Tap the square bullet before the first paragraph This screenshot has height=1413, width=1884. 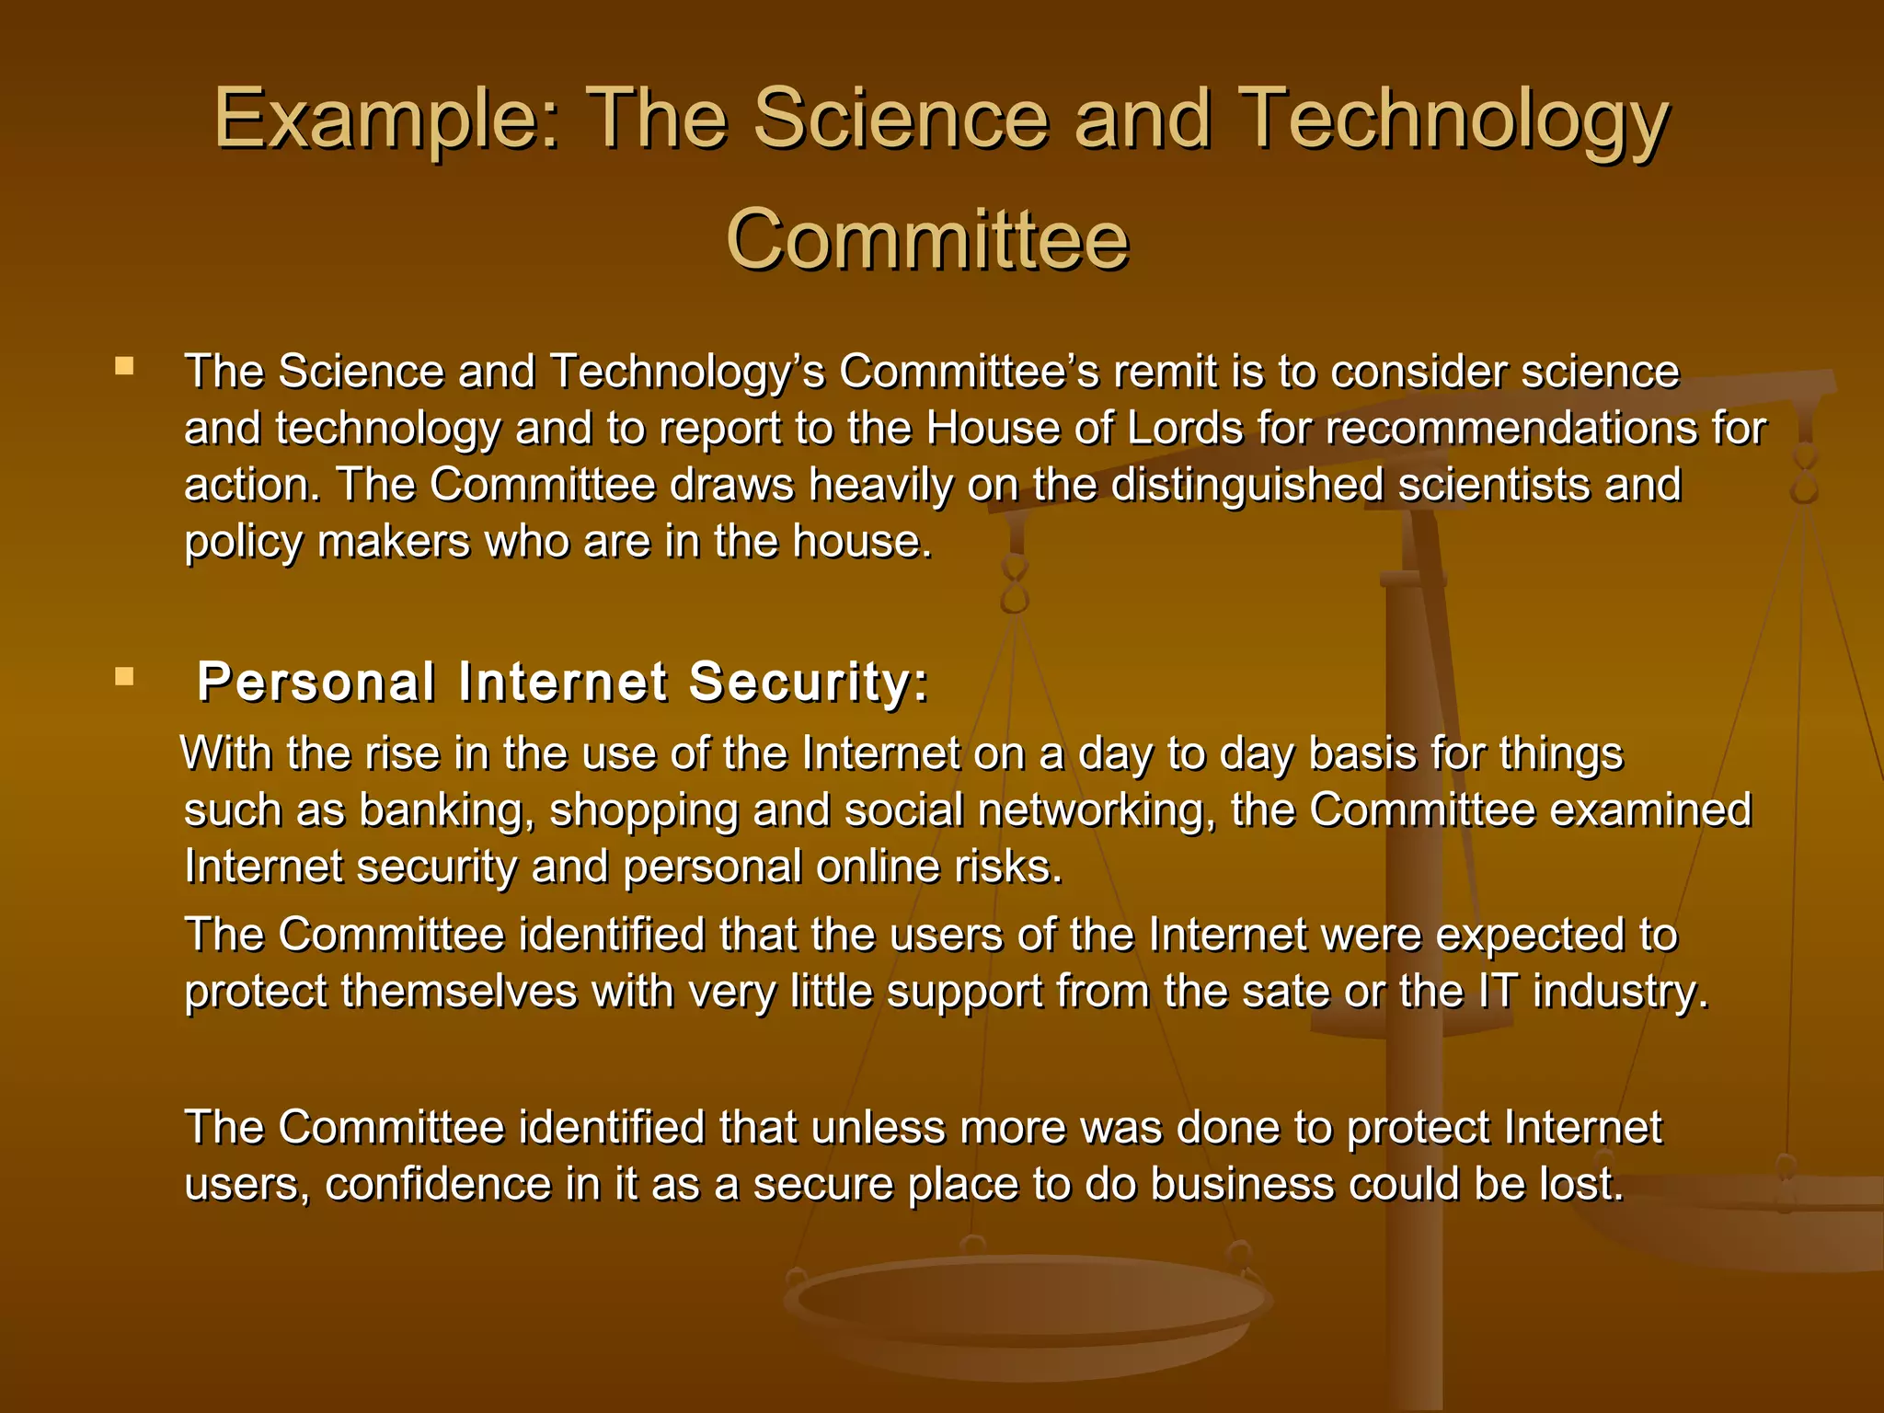coord(124,367)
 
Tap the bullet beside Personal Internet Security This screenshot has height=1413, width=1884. coord(124,678)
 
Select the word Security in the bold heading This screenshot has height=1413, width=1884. coord(809,683)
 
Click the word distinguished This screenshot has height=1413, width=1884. coord(1246,486)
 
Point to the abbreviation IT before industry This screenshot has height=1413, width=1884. coord(1498,992)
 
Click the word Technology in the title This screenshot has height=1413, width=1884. coord(1453,120)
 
